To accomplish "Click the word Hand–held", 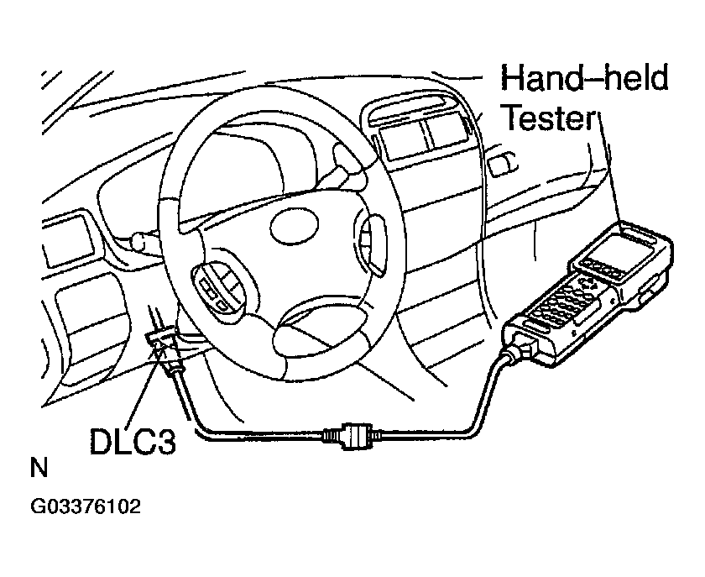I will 584,79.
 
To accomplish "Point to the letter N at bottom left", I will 38,469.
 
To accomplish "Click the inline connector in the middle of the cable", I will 350,436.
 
